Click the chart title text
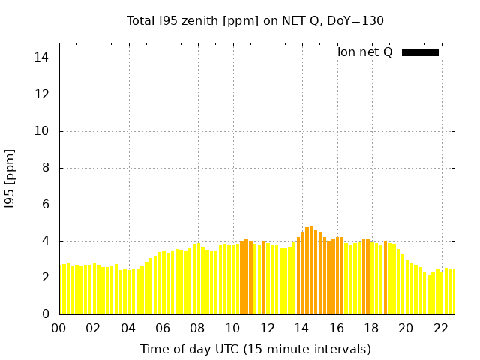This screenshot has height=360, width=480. pyautogui.click(x=255, y=21)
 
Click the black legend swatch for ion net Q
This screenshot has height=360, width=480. pyautogui.click(x=420, y=53)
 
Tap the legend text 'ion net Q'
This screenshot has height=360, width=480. pyautogui.click(x=364, y=52)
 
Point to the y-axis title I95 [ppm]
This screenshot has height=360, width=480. pyautogui.click(x=10, y=179)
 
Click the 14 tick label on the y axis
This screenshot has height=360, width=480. pyautogui.click(x=41, y=58)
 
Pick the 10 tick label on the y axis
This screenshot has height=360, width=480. pyautogui.click(x=41, y=131)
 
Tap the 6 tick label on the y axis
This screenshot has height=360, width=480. pyautogui.click(x=46, y=205)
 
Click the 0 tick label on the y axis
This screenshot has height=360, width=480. pyautogui.click(x=46, y=313)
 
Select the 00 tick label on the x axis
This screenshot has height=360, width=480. pyautogui.click(x=58, y=328)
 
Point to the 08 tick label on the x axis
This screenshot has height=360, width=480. pyautogui.click(x=197, y=328)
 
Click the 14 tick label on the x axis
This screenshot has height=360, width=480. pyautogui.click(x=301, y=328)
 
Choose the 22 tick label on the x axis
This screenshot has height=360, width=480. pyautogui.click(x=441, y=328)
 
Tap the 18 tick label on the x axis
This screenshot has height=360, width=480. pyautogui.click(x=372, y=328)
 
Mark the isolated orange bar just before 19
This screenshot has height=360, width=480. pyautogui.click(x=385, y=277)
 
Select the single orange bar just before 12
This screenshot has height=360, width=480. pyautogui.click(x=263, y=277)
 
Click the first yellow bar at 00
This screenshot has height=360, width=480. pyautogui.click(x=61, y=289)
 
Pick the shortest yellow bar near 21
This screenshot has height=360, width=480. pyautogui.click(x=429, y=294)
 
